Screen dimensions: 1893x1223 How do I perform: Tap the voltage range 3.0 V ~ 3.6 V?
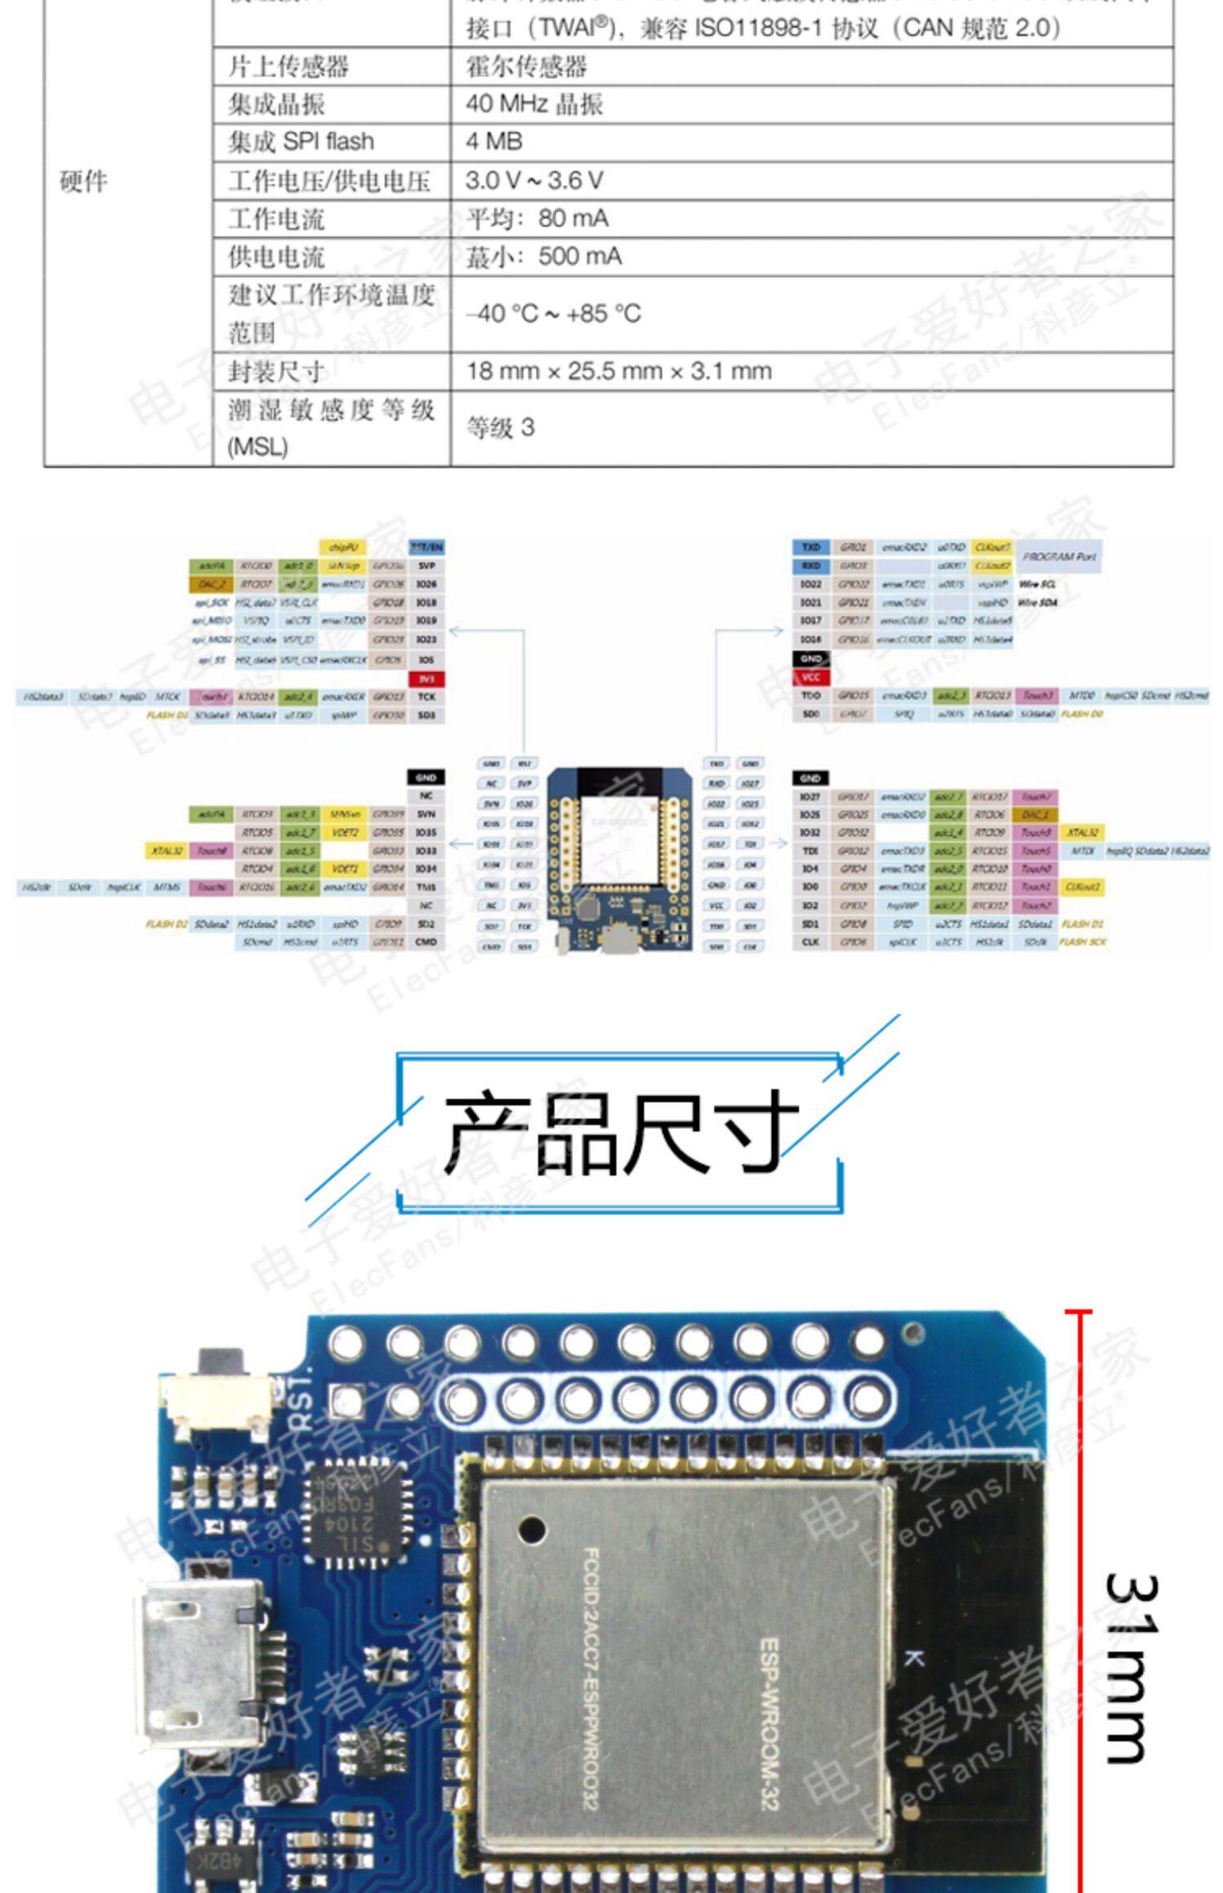(x=534, y=180)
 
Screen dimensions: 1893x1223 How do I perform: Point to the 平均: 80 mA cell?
(x=537, y=218)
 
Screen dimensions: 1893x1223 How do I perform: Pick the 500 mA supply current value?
(x=544, y=257)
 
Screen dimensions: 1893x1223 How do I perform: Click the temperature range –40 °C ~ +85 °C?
(x=554, y=314)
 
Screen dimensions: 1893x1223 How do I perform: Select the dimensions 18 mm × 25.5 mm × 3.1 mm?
(x=619, y=372)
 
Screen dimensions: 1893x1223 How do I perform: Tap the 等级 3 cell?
(x=500, y=427)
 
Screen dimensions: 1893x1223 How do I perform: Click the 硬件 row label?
(x=83, y=181)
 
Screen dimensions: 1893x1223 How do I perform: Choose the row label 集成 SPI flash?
(x=301, y=142)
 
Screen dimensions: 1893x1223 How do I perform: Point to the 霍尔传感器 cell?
(x=526, y=67)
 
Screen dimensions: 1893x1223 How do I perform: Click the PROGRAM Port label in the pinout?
(x=1058, y=557)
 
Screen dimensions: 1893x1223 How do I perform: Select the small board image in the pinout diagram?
(x=620, y=859)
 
